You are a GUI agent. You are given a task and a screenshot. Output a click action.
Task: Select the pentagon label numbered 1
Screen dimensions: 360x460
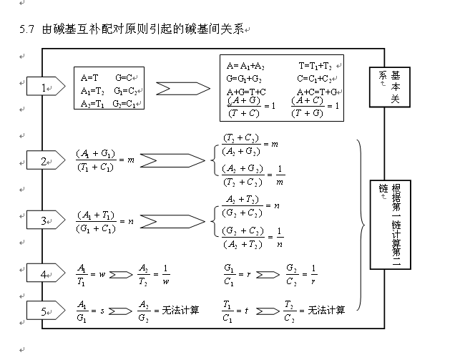[44, 87]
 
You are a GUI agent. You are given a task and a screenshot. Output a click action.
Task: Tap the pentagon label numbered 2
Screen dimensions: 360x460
[44, 161]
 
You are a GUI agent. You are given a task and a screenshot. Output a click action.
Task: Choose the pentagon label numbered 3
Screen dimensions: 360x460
[44, 220]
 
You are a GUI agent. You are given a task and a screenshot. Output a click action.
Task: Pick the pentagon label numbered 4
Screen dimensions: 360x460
[44, 273]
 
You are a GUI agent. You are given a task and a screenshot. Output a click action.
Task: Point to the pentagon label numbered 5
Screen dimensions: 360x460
[44, 311]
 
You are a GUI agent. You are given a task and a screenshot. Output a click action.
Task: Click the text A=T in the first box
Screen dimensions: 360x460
[89, 77]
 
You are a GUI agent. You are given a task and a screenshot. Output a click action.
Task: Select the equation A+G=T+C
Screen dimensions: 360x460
[246, 92]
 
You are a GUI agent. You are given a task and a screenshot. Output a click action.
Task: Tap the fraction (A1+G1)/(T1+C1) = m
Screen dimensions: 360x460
[104, 160]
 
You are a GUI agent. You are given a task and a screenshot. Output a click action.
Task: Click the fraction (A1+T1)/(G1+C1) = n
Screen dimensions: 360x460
[104, 221]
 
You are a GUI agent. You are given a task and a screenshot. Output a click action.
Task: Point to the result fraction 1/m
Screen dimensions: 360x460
[280, 175]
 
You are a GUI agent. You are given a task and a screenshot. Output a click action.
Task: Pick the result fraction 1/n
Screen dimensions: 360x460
[280, 237]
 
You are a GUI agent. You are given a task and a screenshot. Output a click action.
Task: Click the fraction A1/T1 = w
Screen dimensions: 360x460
[91, 274]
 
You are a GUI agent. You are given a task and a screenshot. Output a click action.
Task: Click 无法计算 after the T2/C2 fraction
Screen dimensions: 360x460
[326, 311]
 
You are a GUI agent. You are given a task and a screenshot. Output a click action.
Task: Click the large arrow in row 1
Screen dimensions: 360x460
[182, 89]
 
